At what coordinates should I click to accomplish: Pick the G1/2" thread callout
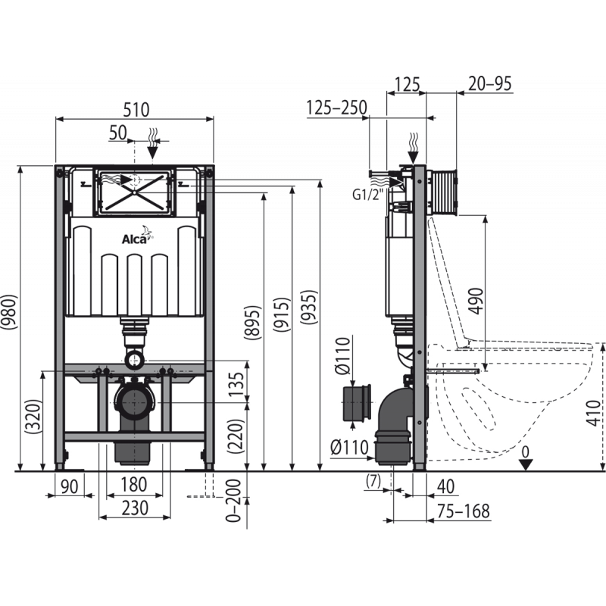[x=365, y=195]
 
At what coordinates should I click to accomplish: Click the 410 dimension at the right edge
[x=595, y=411]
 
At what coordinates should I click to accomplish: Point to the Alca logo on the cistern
[x=135, y=239]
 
